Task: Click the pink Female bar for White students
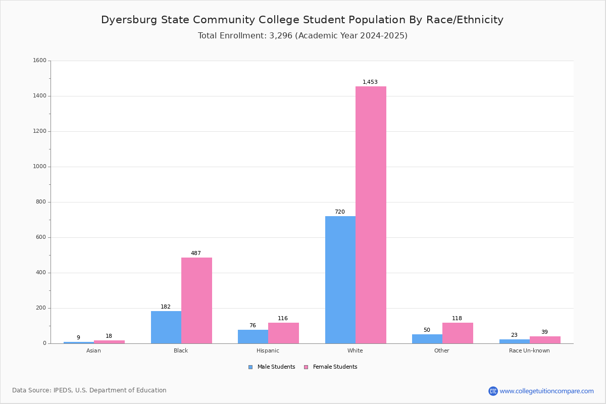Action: pyautogui.click(x=371, y=215)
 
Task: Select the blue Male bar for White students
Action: pyautogui.click(x=340, y=280)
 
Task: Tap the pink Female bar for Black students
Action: pyautogui.click(x=196, y=300)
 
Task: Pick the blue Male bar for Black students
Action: pyautogui.click(x=166, y=327)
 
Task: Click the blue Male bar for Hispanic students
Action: pyautogui.click(x=253, y=337)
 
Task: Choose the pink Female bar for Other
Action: pyautogui.click(x=458, y=333)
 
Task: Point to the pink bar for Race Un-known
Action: pyautogui.click(x=545, y=340)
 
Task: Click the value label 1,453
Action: pyautogui.click(x=370, y=82)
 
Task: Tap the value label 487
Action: pyautogui.click(x=196, y=253)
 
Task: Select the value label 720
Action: pyautogui.click(x=340, y=212)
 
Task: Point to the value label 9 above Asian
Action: pyautogui.click(x=78, y=337)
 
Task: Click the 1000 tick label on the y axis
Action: pyautogui.click(x=40, y=167)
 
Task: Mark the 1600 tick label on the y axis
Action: pyautogui.click(x=40, y=60)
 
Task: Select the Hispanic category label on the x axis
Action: pyautogui.click(x=268, y=350)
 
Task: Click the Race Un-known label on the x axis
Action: pyautogui.click(x=529, y=350)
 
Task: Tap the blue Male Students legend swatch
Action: pyautogui.click(x=250, y=367)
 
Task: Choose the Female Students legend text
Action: pyautogui.click(x=335, y=367)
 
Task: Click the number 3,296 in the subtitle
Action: pyautogui.click(x=281, y=36)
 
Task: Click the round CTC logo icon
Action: pyautogui.click(x=493, y=391)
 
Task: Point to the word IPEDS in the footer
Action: pyautogui.click(x=63, y=390)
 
